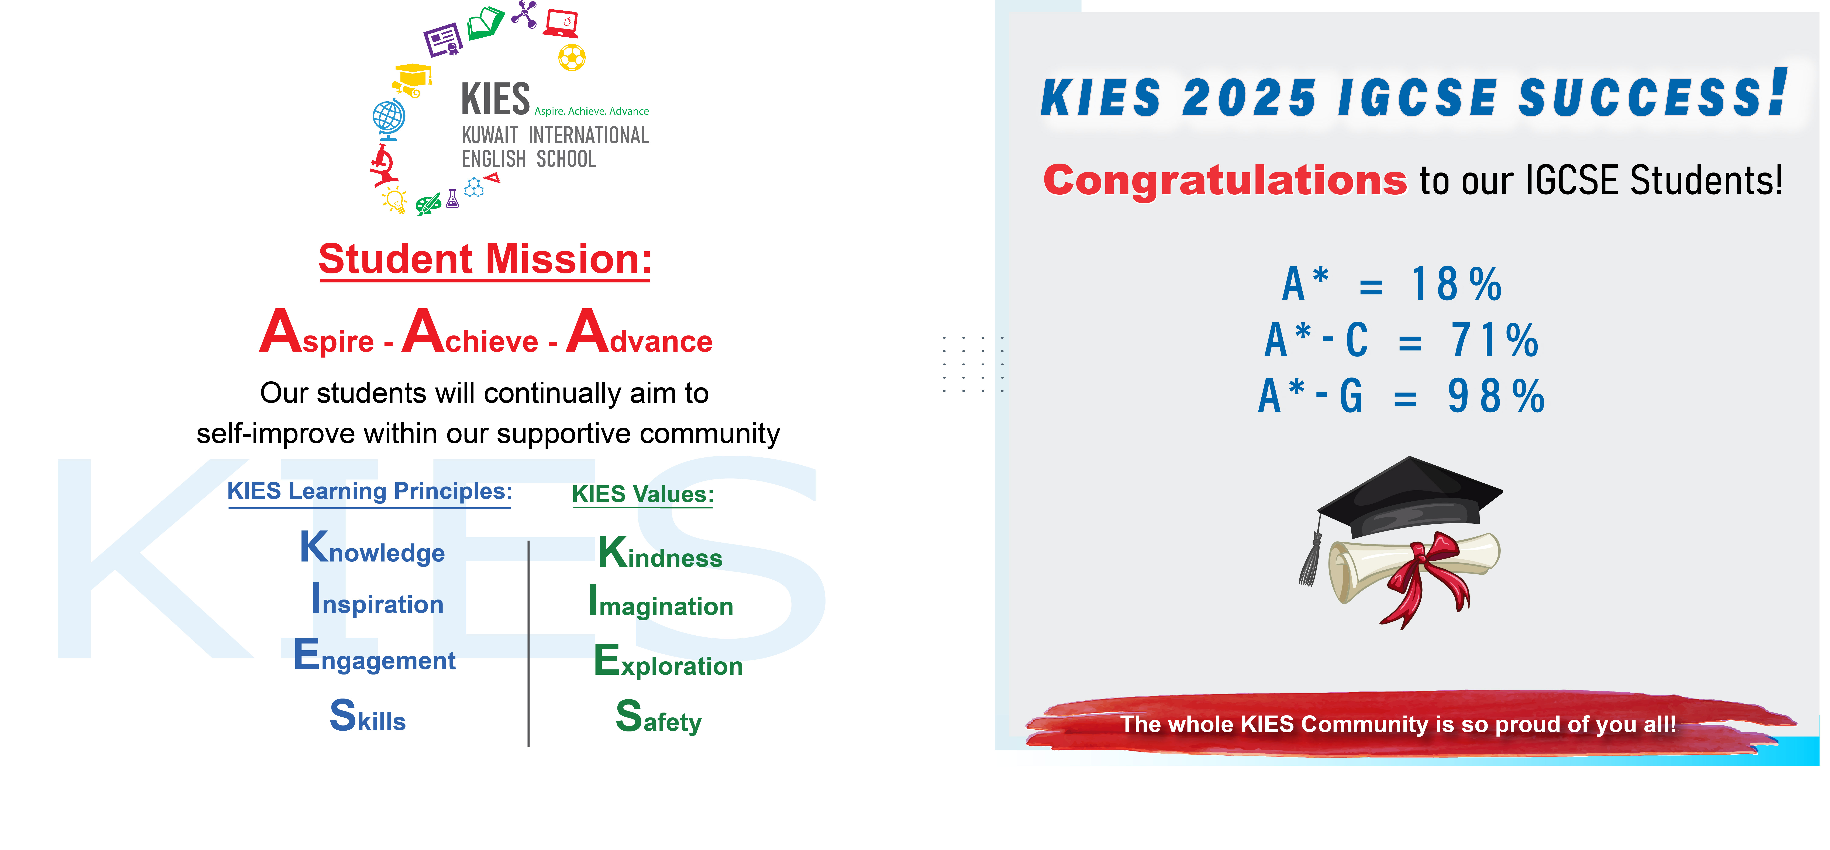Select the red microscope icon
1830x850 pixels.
pos(384,165)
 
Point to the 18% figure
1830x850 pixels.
pos(1456,284)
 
